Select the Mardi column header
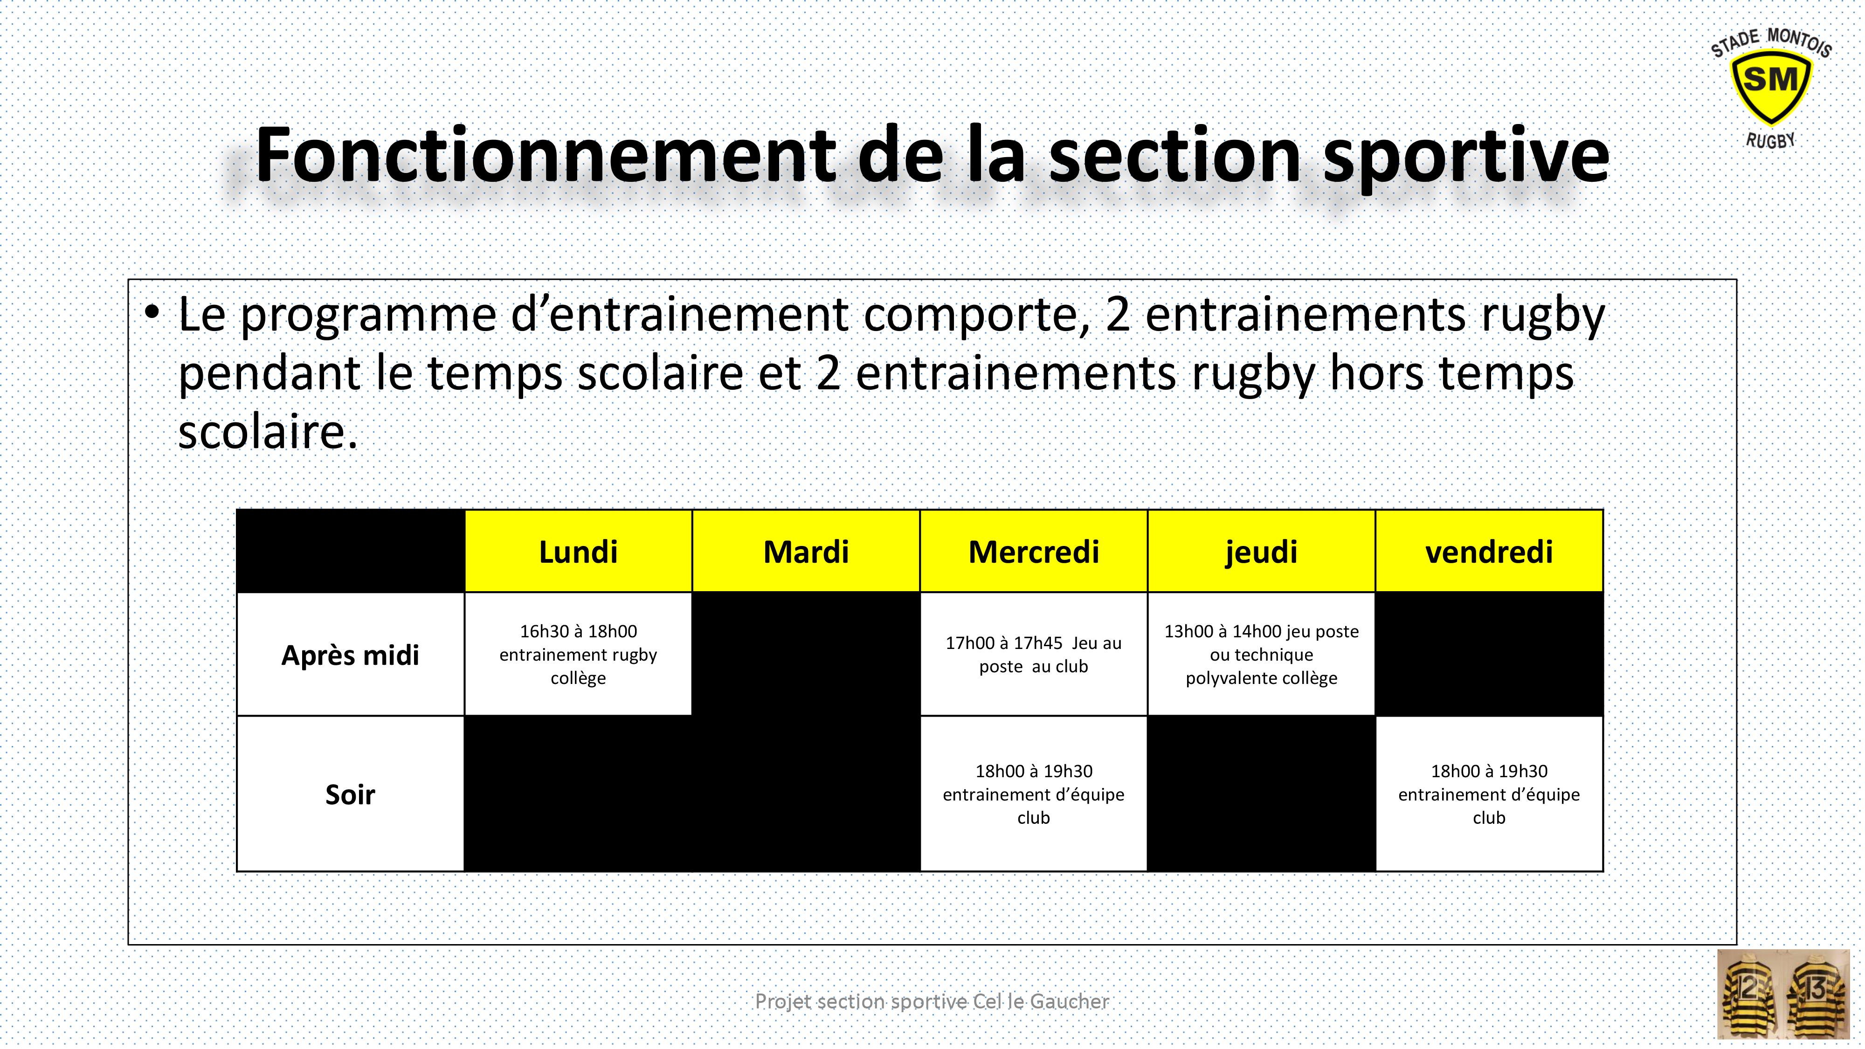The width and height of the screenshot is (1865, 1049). coord(806,552)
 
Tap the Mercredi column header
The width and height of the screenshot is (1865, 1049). coord(1033,552)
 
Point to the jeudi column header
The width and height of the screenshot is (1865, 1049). coord(1261,552)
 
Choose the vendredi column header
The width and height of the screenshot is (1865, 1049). coord(1489,552)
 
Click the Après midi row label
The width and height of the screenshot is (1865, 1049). coord(351,655)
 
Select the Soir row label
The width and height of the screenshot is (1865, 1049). coord(351,794)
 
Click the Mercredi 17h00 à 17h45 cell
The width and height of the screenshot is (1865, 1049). coord(1033,655)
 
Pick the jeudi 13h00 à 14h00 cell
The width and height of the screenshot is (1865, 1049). coord(1261,655)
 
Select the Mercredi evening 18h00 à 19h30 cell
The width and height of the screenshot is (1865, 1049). coord(1033,794)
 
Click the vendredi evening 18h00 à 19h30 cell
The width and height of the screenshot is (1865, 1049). coord(1489,794)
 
